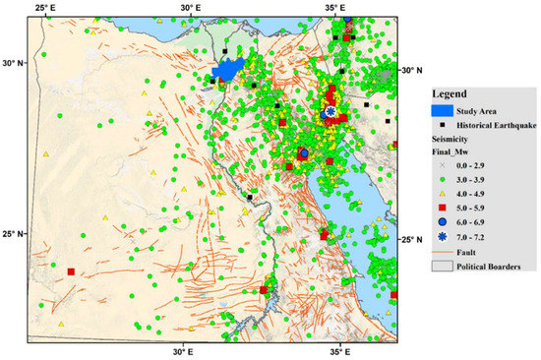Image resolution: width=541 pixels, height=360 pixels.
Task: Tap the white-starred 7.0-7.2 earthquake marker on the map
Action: [331, 111]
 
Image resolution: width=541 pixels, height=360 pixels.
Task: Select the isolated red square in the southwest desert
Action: [71, 271]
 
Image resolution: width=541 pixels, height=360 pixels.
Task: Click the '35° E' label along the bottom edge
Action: [338, 349]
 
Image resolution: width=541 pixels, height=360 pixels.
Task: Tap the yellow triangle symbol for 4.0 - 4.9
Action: [439, 196]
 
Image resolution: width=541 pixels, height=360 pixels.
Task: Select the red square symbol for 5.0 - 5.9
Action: [439, 210]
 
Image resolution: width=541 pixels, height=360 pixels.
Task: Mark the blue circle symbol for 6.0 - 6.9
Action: [439, 224]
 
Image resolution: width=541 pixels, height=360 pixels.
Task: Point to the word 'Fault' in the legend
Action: [463, 253]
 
